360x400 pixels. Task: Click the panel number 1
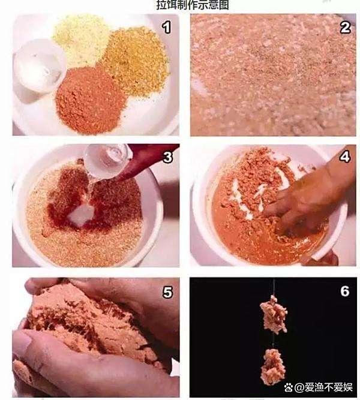click(167, 28)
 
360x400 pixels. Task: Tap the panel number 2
click(345, 28)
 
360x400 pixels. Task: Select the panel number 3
click(167, 157)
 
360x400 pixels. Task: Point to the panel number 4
click(344, 157)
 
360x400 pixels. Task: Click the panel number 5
click(167, 292)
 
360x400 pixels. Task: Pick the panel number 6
click(344, 291)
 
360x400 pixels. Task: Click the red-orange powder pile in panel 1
click(90, 100)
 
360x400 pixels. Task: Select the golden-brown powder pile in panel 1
click(136, 61)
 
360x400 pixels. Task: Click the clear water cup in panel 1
click(39, 67)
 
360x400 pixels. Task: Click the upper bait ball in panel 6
click(274, 314)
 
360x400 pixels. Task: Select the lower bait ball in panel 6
click(273, 366)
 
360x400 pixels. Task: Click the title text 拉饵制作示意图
click(193, 5)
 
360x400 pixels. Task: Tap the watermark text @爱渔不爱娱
click(323, 387)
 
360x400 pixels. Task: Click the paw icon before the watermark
click(289, 387)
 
